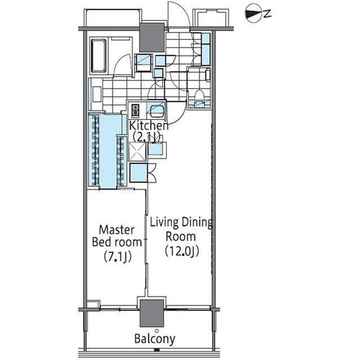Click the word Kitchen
pos(148,125)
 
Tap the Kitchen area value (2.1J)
pos(147,136)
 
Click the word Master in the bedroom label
pos(116,230)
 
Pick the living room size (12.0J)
pos(182,251)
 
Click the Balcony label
pos(155,339)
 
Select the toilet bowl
pos(199,99)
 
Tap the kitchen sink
pos(155,109)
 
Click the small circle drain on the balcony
pos(156,330)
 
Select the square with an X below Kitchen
pos(137,152)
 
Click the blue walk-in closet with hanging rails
pos(107,151)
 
